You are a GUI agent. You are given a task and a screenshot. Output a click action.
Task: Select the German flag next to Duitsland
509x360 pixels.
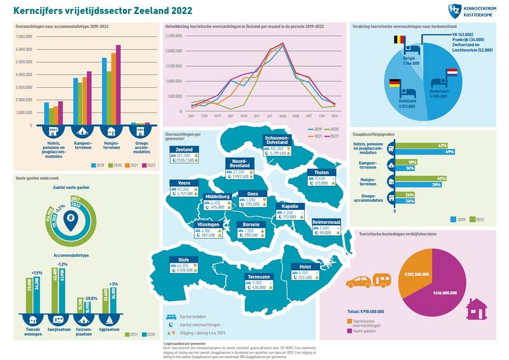pos(394,83)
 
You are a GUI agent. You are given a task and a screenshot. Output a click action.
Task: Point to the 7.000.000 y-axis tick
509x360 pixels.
pos(24,37)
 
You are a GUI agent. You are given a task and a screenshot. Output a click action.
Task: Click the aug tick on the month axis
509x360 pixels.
pos(282,116)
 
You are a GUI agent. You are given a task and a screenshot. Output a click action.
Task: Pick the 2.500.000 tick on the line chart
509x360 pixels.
pos(174,36)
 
